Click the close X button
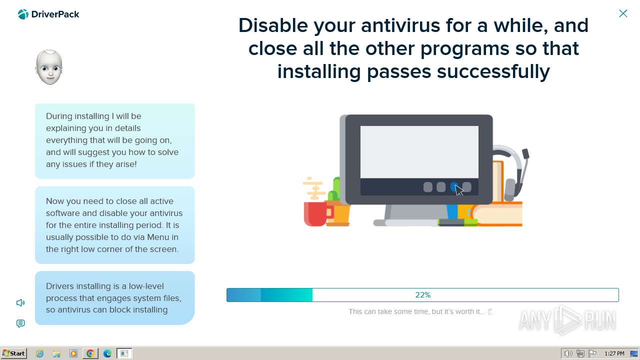623,13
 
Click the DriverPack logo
48,14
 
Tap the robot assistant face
49,67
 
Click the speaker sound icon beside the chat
20,302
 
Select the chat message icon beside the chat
20,323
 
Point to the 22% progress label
423,295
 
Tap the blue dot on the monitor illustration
454,187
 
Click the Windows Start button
13,353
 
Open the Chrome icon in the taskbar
90,353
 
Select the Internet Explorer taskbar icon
39,353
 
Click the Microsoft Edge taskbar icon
107,353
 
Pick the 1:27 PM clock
614,353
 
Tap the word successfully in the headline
493,71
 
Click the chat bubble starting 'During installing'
115,141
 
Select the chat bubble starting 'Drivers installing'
115,297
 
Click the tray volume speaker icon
568,353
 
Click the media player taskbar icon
73,353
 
